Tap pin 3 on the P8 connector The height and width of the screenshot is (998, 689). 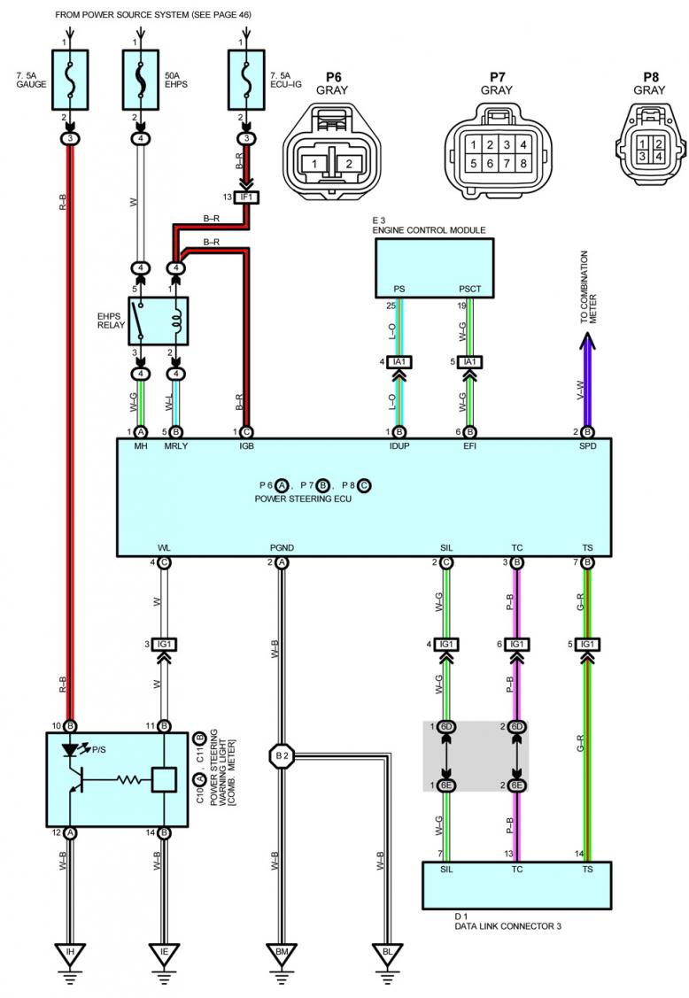pos(640,157)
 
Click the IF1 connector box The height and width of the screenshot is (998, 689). pos(245,172)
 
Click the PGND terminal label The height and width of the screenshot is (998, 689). pos(282,546)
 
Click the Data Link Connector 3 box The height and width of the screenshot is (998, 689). pos(516,884)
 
